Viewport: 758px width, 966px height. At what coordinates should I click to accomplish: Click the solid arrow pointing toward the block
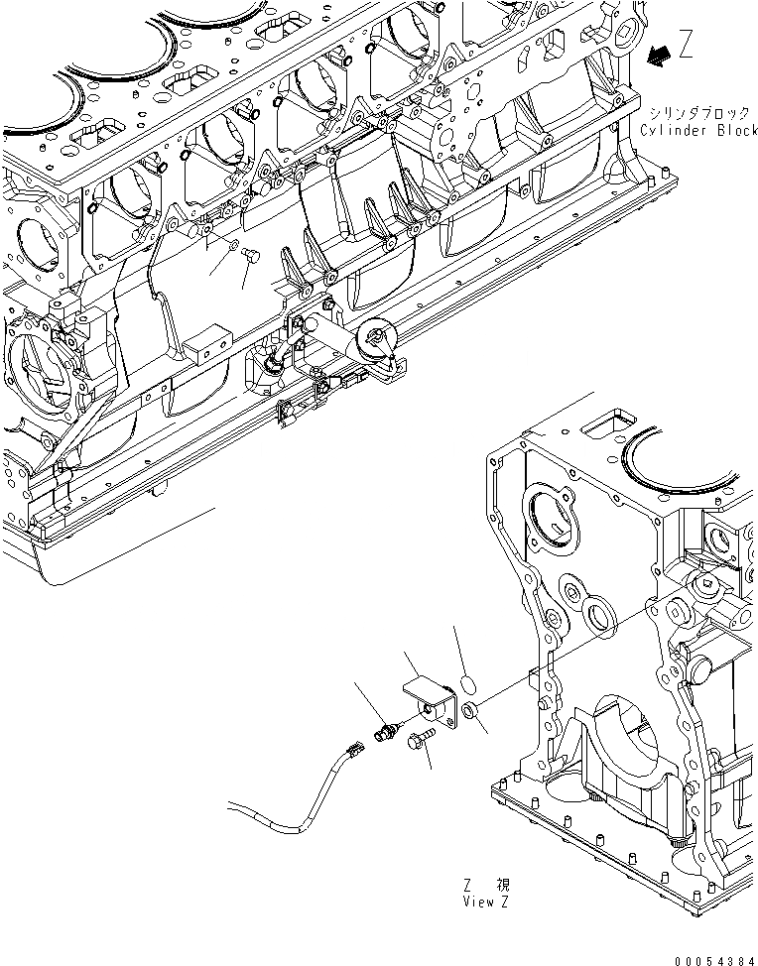[655, 58]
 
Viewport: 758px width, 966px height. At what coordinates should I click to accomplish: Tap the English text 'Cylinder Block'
[698, 131]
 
